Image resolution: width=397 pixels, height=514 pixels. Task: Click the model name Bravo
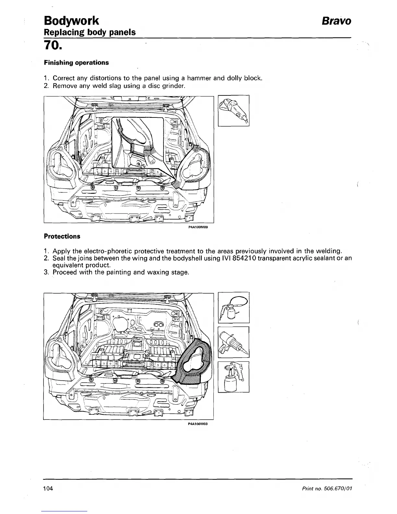336,21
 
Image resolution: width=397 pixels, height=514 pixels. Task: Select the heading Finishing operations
76,62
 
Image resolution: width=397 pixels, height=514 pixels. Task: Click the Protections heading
62,236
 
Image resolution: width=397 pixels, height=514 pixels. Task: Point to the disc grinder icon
234,110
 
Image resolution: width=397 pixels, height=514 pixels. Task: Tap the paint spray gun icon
234,376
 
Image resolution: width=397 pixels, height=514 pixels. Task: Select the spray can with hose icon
234,308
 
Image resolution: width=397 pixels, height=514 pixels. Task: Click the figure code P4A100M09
198,227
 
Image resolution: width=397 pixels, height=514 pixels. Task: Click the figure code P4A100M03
198,423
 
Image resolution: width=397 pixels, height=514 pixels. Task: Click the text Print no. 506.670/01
328,489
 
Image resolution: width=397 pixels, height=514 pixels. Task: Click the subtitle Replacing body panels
90,32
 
